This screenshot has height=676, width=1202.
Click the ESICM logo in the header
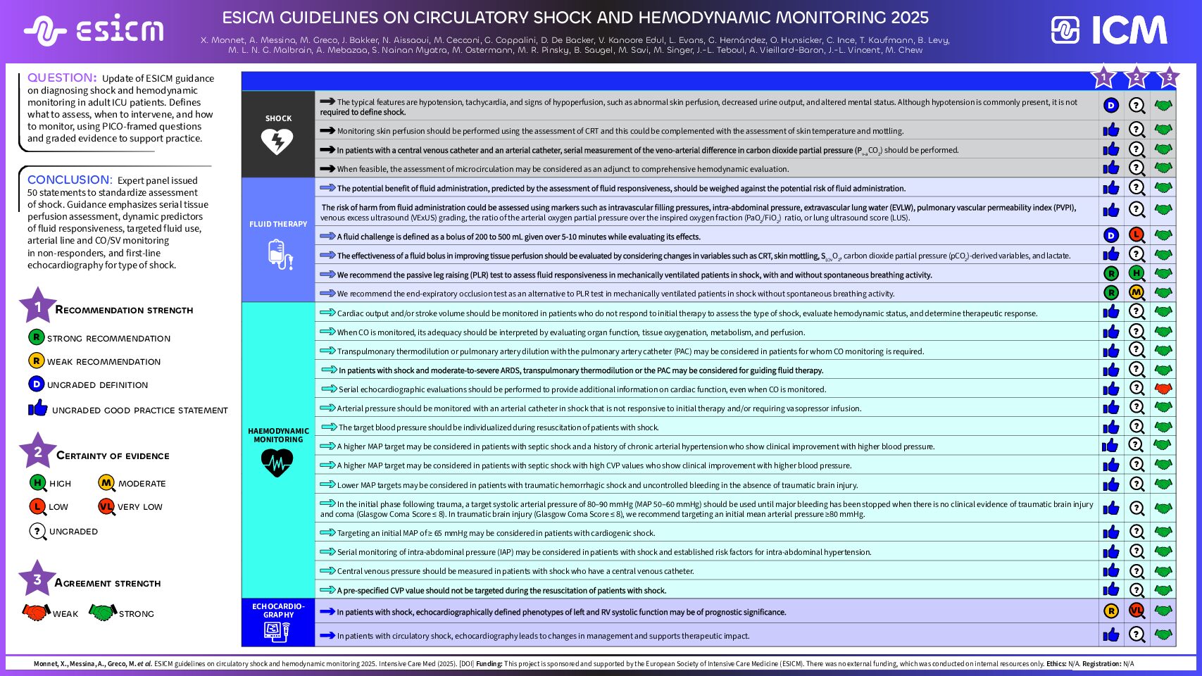point(94,30)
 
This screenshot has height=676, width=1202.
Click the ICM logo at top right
point(1109,30)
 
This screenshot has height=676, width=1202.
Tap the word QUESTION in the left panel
point(62,77)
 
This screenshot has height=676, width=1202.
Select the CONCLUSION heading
point(70,180)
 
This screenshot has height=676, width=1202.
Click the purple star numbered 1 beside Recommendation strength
point(37,307)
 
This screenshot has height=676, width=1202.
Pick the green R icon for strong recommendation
point(37,337)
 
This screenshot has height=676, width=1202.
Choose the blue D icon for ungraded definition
point(37,384)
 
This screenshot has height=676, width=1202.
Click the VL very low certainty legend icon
point(106,506)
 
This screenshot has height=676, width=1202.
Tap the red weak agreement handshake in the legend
point(36,612)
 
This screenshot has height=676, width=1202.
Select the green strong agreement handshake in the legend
point(103,612)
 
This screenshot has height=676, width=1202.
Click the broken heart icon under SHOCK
point(277,142)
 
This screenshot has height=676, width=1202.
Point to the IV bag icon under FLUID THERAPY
point(279,254)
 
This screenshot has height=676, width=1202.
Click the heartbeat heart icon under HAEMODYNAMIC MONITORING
point(277,463)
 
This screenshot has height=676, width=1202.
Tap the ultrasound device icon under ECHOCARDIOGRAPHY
point(277,632)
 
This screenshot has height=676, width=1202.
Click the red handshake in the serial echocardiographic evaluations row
point(1163,388)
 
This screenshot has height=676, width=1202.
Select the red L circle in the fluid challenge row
point(1137,235)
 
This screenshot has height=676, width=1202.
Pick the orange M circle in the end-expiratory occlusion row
point(1137,292)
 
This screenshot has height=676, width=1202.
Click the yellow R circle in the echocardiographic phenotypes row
point(1111,611)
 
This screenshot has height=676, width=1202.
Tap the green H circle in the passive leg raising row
point(1137,273)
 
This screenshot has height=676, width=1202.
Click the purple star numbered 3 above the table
point(1168,77)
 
